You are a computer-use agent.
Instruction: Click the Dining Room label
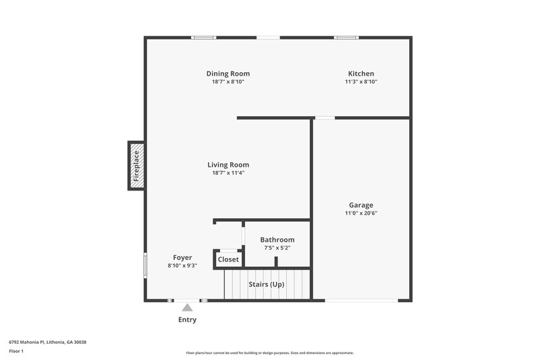[228, 74]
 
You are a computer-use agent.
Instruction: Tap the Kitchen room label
[361, 74]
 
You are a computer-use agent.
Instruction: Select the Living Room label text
[228, 165]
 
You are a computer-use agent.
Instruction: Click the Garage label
[361, 205]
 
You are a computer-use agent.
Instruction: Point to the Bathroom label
[277, 240]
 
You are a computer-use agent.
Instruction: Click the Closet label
[228, 259]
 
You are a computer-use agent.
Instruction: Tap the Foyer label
[182, 257]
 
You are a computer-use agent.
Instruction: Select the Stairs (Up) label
[267, 284]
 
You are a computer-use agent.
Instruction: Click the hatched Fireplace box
[136, 165]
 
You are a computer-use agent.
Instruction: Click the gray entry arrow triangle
[187, 307]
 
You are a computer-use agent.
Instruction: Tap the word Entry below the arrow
[187, 320]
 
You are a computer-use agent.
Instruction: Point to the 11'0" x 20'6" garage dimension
[361, 213]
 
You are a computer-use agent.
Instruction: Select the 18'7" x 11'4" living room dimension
[228, 173]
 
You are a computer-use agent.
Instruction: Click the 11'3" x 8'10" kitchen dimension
[361, 82]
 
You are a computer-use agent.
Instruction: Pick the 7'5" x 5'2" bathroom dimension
[277, 248]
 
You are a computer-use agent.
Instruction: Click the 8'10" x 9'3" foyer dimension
[182, 265]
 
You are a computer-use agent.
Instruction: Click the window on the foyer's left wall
[145, 264]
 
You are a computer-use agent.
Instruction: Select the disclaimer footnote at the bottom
[270, 353]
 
